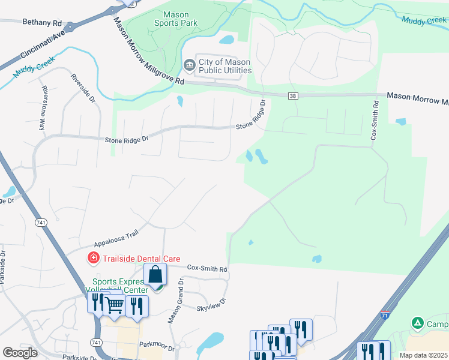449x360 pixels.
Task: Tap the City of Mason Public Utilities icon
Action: (x=189, y=64)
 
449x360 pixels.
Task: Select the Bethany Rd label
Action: (x=42, y=22)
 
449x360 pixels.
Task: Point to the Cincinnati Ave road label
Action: (x=41, y=46)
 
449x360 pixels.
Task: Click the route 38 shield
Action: (x=293, y=96)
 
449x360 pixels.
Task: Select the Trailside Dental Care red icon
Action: (x=93, y=259)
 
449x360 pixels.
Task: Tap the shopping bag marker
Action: (x=155, y=275)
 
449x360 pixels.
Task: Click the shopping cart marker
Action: (x=114, y=305)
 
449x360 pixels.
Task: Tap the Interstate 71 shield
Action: (x=384, y=314)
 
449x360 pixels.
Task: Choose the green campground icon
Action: (x=417, y=323)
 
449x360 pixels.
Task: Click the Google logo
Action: (x=20, y=353)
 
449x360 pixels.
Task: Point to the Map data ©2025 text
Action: (x=424, y=355)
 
